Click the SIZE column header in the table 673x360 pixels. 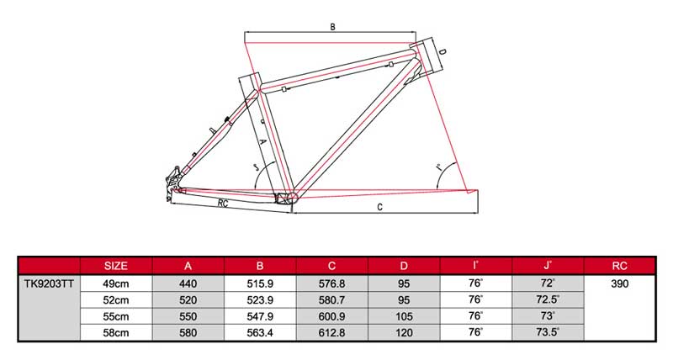pos(114,266)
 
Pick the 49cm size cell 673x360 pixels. pos(114,284)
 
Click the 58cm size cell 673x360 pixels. pos(114,332)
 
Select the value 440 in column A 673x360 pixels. pos(188,284)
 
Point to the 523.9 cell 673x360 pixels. pos(260,300)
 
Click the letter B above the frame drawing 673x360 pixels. pos(333,27)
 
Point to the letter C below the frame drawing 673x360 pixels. pos(380,206)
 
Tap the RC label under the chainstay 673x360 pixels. pos(224,204)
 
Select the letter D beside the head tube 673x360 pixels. pos(442,55)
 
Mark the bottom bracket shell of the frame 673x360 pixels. pos(287,199)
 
